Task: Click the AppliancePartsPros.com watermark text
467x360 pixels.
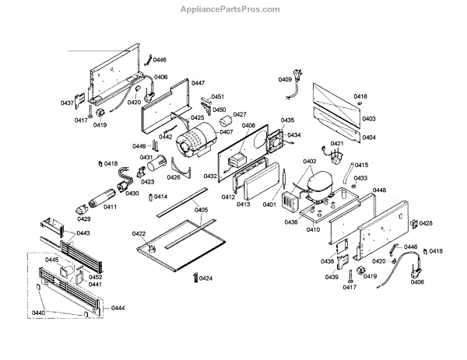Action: click(233, 9)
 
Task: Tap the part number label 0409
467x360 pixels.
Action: click(285, 79)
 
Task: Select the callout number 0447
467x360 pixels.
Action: click(198, 82)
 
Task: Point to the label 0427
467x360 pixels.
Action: click(239, 114)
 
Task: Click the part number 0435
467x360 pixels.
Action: click(287, 121)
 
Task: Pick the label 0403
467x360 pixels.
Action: click(368, 119)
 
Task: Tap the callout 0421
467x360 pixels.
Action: click(337, 145)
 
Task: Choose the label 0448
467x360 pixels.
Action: click(379, 190)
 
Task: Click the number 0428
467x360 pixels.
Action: click(426, 223)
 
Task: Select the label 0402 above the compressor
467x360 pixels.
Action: click(310, 163)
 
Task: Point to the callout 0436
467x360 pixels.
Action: click(290, 222)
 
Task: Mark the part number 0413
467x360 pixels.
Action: click(244, 205)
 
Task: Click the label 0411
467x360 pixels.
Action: click(88, 207)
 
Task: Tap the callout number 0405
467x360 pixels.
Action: click(201, 210)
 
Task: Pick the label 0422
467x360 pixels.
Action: click(139, 234)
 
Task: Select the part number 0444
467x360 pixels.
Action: click(118, 308)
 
